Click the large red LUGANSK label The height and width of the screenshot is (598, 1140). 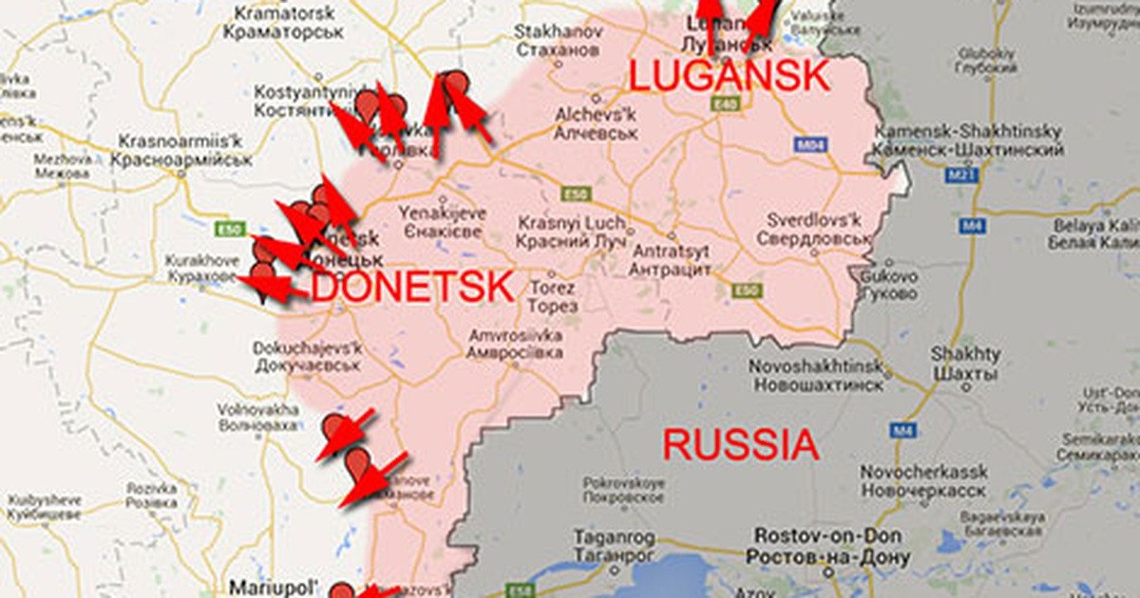pos(729,76)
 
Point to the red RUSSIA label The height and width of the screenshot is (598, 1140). pos(739,444)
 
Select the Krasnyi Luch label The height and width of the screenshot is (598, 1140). pos(571,232)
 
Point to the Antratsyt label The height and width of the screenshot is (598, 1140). pos(671,261)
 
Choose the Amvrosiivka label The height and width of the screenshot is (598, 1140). pos(513,343)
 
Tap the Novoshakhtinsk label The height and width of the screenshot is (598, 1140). pos(817,375)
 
